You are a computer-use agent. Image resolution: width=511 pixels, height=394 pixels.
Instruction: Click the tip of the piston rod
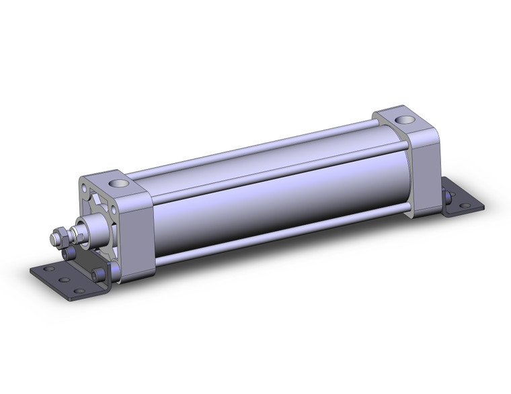coord(52,238)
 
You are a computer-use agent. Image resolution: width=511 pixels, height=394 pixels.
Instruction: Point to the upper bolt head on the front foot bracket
coord(67,253)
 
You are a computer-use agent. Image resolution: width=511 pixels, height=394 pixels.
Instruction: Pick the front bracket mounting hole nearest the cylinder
coord(80,291)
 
